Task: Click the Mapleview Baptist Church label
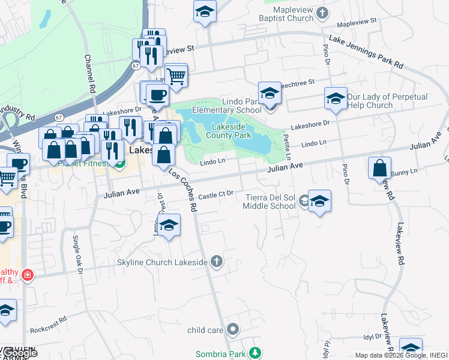(293, 14)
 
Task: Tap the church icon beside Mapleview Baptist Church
(322, 12)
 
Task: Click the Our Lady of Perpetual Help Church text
(387, 101)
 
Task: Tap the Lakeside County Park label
(231, 131)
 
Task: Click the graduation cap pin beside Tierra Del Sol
(319, 202)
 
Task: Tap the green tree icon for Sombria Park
(255, 352)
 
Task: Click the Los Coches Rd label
(183, 189)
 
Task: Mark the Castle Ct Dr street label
(215, 195)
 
